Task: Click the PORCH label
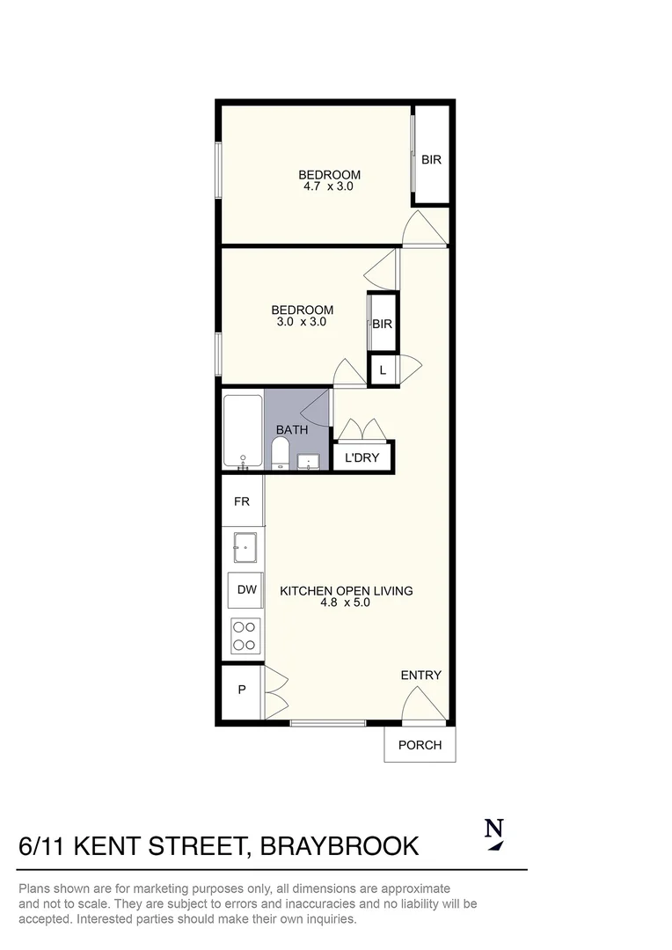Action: click(x=420, y=745)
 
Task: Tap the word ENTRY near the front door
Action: click(x=420, y=675)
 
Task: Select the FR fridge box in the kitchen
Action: click(x=242, y=501)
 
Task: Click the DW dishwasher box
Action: click(x=246, y=589)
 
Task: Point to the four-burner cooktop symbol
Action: click(x=245, y=636)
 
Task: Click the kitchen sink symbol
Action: click(x=245, y=547)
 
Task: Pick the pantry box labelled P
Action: click(x=242, y=691)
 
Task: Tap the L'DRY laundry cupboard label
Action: click(x=362, y=457)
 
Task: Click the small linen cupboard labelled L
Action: click(x=383, y=370)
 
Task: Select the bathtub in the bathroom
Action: click(x=243, y=430)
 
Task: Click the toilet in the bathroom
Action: click(x=280, y=454)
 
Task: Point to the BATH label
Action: click(x=292, y=430)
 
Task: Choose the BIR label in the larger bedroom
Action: click(x=431, y=160)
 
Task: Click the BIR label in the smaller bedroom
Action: click(x=382, y=324)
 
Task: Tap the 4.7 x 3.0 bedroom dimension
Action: click(x=328, y=186)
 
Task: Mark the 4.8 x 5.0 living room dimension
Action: click(x=346, y=603)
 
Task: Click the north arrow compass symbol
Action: click(x=494, y=834)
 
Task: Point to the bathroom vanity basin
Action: click(x=308, y=461)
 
